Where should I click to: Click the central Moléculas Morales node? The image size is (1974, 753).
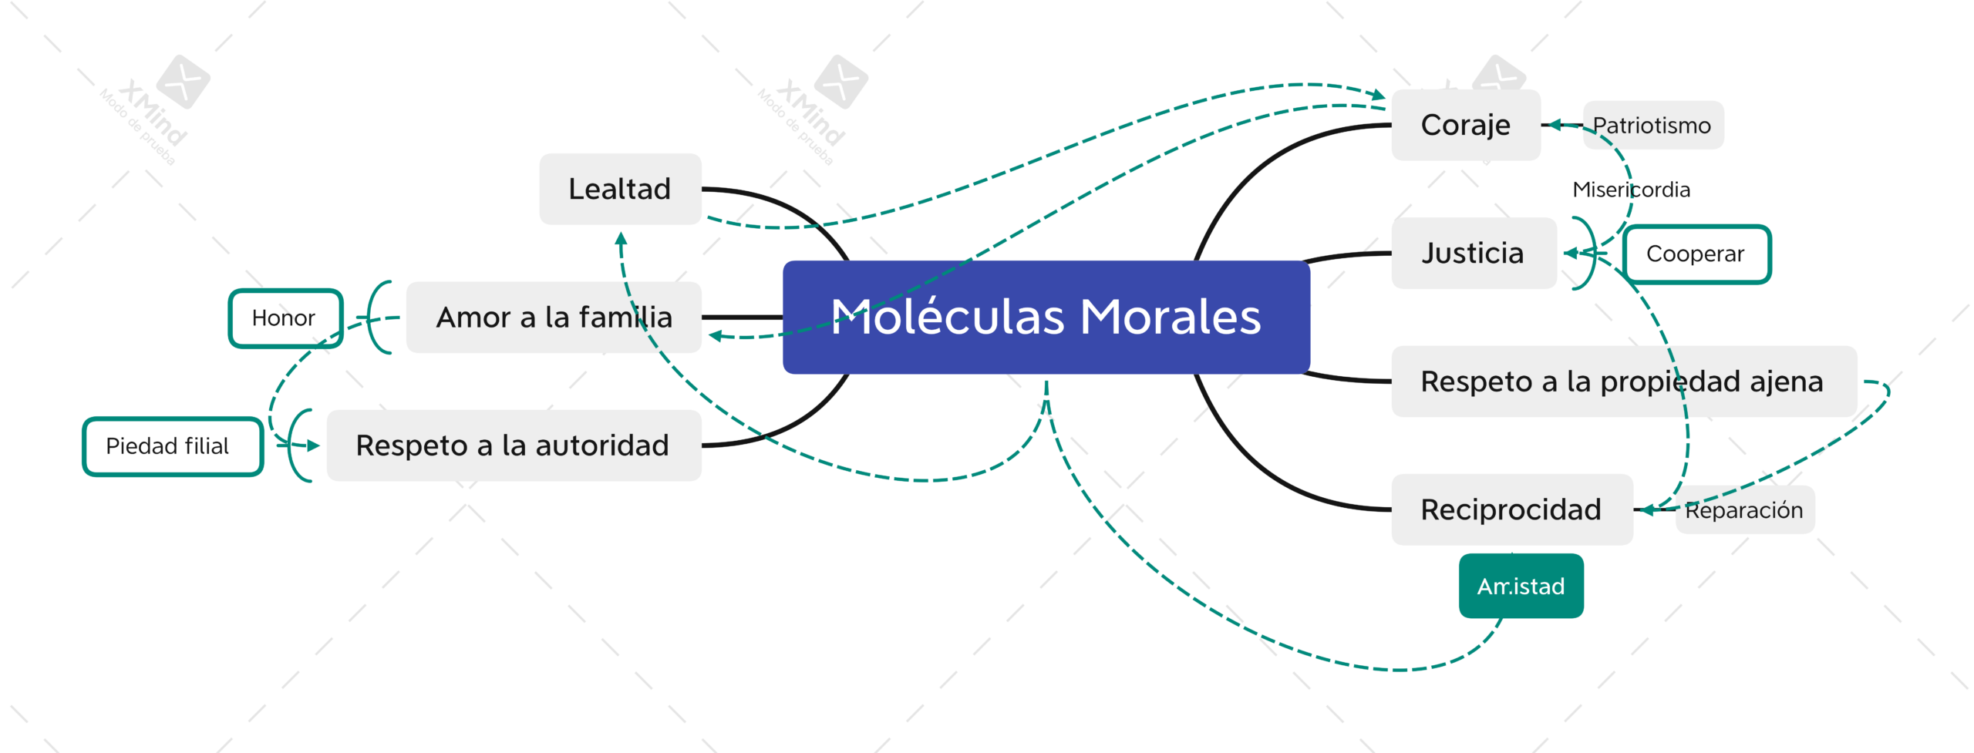[1046, 317]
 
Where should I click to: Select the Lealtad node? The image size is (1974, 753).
[620, 189]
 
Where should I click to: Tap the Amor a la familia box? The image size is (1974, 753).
[554, 317]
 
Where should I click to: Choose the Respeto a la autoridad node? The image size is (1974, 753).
[514, 445]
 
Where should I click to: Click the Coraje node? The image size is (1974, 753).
[1466, 125]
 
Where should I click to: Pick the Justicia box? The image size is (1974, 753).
[1474, 253]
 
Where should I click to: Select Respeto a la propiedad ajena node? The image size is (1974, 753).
[1624, 382]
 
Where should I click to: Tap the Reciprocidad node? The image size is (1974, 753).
[1512, 509]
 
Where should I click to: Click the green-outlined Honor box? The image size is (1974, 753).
[285, 318]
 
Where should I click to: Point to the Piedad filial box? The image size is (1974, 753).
[173, 446]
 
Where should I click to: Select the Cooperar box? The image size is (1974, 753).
[1696, 254]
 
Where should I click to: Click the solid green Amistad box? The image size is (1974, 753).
[1521, 586]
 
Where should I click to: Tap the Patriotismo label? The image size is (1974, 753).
[1653, 125]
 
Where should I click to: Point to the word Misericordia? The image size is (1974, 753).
[1632, 190]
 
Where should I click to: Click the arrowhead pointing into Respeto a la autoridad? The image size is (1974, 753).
[313, 445]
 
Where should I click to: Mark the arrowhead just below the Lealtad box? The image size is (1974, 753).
[621, 239]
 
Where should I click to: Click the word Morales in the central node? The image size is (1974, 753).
[1171, 317]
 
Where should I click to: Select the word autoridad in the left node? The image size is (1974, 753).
[602, 445]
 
